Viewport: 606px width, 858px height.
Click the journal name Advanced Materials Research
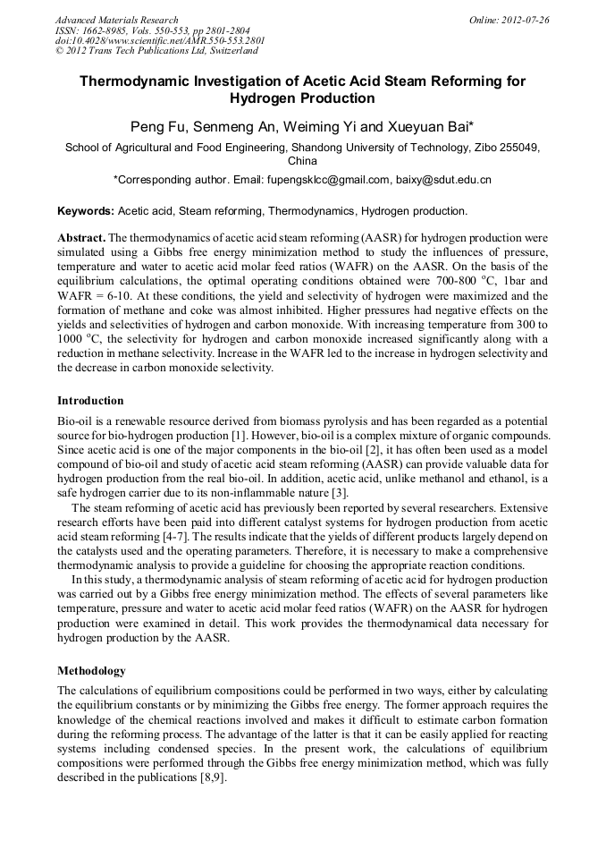(x=116, y=20)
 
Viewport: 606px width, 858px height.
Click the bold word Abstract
(x=81, y=239)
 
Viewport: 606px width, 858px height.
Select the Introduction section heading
(x=90, y=401)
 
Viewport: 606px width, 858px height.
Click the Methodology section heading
(x=91, y=671)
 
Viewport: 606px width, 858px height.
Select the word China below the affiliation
(x=302, y=162)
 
